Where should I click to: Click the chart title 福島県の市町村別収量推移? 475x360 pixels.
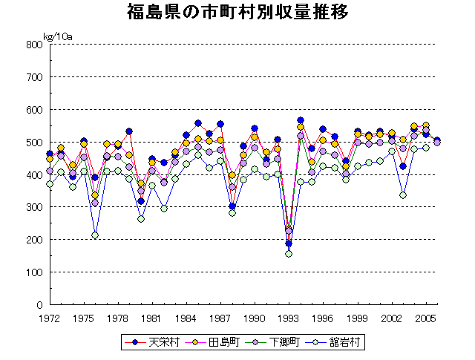237,13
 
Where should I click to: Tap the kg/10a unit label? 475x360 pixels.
57,35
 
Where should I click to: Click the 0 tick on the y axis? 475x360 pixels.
38,305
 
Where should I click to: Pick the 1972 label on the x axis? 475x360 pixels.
50,318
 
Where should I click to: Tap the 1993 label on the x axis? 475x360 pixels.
289,318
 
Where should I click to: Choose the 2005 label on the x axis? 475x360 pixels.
425,318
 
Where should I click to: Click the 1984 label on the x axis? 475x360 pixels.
186,318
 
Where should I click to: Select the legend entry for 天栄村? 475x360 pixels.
152,342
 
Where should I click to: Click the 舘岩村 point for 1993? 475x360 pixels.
289,254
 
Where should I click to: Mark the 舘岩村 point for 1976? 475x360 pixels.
95,235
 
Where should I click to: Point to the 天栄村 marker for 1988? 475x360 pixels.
232,206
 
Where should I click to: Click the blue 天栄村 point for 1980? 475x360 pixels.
141,201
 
